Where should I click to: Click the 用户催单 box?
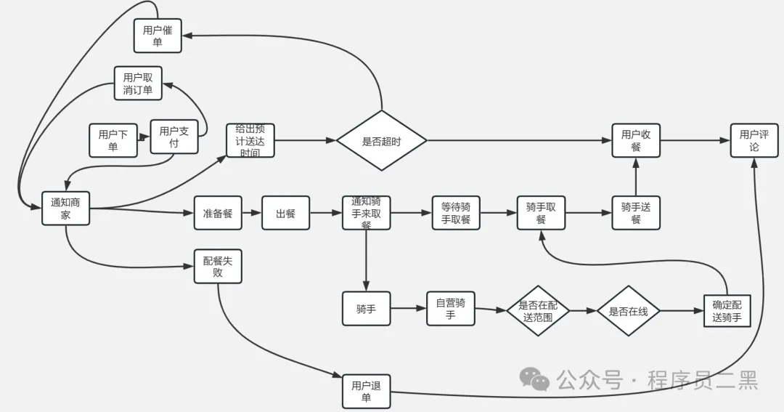pos(158,36)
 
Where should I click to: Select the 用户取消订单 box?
pos(138,84)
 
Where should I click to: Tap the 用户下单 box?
pos(113,140)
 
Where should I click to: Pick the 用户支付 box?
pos(173,137)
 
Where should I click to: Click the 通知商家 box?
pos(65,209)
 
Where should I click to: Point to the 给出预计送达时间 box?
pos(250,140)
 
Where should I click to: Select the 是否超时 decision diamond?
pos(381,141)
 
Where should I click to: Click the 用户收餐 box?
pos(636,140)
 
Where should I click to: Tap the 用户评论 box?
pos(754,140)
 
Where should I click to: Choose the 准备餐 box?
pos(218,213)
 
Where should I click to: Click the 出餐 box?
pos(285,213)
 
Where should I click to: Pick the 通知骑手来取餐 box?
pos(366,213)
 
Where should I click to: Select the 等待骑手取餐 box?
pos(456,213)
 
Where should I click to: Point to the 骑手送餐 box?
pos(636,213)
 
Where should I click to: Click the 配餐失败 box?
pos(218,266)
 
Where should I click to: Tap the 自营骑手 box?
pos(450,308)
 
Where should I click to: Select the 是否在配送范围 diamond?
pos(537,310)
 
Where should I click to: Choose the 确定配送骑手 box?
pos(727,310)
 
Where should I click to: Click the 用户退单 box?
pos(366,391)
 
